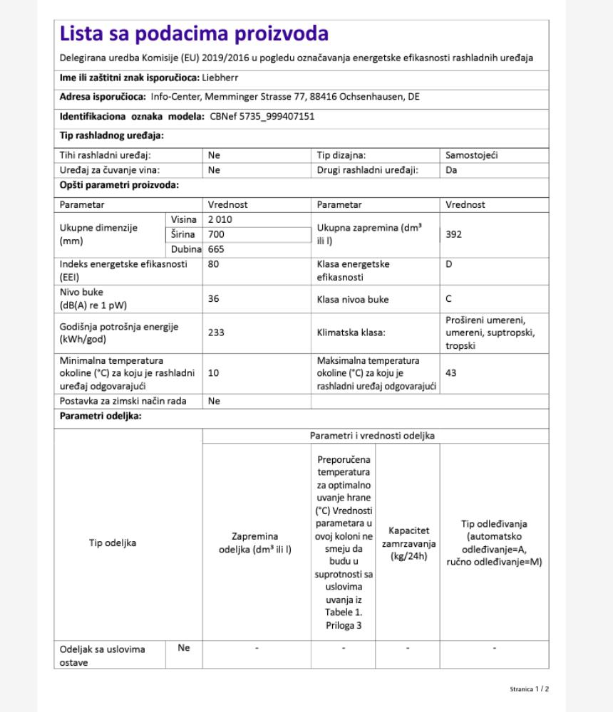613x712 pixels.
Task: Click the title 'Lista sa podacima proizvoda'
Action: pyautogui.click(x=194, y=33)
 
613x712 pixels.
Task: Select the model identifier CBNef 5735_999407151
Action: pyautogui.click(x=262, y=116)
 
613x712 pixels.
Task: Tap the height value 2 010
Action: pyautogui.click(x=220, y=219)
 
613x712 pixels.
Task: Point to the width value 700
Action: pyautogui.click(x=216, y=234)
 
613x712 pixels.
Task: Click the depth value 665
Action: pyautogui.click(x=216, y=249)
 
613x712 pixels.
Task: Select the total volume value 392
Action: pyautogui.click(x=453, y=234)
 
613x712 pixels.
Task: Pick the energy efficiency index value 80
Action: pyautogui.click(x=214, y=264)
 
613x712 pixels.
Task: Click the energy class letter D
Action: pyautogui.click(x=449, y=264)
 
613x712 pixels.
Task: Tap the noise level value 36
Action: pyautogui.click(x=214, y=299)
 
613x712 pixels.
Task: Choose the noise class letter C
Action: pyautogui.click(x=449, y=300)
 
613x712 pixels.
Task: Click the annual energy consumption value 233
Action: pyautogui.click(x=216, y=333)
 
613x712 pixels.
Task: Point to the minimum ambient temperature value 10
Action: pyautogui.click(x=214, y=372)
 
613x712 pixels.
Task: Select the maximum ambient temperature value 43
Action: pyautogui.click(x=451, y=372)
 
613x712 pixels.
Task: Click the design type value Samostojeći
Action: pyautogui.click(x=473, y=155)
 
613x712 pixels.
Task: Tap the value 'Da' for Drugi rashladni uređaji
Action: pyautogui.click(x=451, y=170)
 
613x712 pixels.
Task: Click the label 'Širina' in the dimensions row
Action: pyautogui.click(x=182, y=234)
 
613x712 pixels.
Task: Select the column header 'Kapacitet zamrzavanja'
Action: pyautogui.click(x=408, y=543)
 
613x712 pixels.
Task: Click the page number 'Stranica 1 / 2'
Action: pyautogui.click(x=530, y=689)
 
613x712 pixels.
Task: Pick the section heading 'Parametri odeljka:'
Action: pyautogui.click(x=101, y=416)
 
